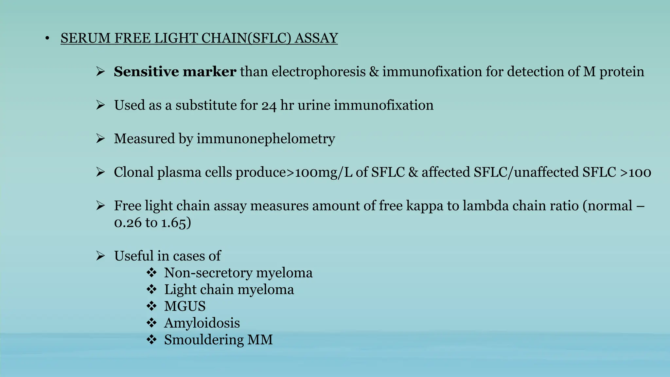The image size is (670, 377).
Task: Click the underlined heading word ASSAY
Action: (x=316, y=38)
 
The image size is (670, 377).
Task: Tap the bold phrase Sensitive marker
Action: (x=175, y=72)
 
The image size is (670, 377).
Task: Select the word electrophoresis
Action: (x=318, y=72)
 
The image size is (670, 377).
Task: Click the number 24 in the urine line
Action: (x=269, y=106)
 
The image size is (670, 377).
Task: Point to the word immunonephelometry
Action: (x=266, y=139)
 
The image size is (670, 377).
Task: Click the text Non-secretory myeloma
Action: (x=238, y=273)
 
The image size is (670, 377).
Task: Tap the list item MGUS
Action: (x=185, y=306)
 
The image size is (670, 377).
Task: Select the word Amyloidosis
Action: (x=202, y=323)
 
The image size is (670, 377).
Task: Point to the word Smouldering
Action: (x=204, y=340)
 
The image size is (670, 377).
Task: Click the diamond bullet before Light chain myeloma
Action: (x=151, y=289)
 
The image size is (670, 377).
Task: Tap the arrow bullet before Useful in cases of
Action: (x=100, y=256)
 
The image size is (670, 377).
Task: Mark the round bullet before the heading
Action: (x=47, y=39)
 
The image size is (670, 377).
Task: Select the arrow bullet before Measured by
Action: (x=100, y=139)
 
